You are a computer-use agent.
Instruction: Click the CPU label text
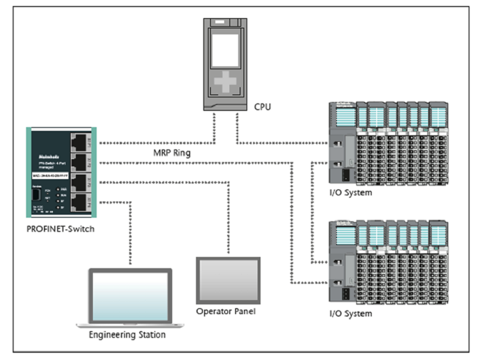[262, 107]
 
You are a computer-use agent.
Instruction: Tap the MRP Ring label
[172, 153]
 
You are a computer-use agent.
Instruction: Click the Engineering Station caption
[127, 334]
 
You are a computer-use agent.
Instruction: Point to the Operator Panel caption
[226, 311]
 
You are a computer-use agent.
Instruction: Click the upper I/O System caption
[351, 193]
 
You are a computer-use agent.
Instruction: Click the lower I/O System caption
[351, 314]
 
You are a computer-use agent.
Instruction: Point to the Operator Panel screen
[228, 280]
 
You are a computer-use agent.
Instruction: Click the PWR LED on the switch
[58, 189]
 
